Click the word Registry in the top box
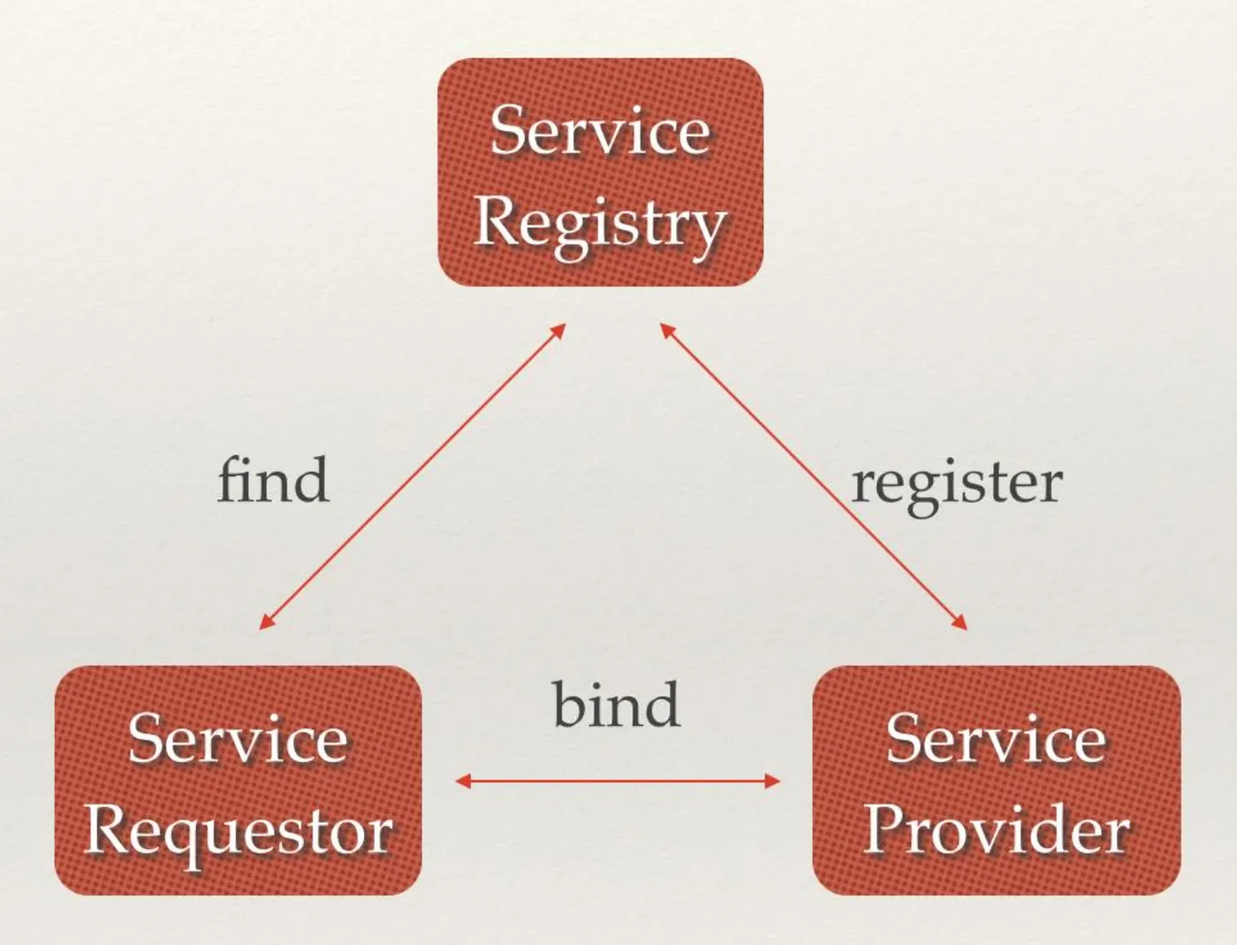point(600,223)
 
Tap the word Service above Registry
point(600,131)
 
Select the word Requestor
point(238,833)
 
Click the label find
point(273,480)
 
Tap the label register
point(956,484)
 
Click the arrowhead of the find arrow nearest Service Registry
point(558,329)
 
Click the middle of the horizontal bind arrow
point(618,781)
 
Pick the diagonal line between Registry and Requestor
point(412,476)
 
